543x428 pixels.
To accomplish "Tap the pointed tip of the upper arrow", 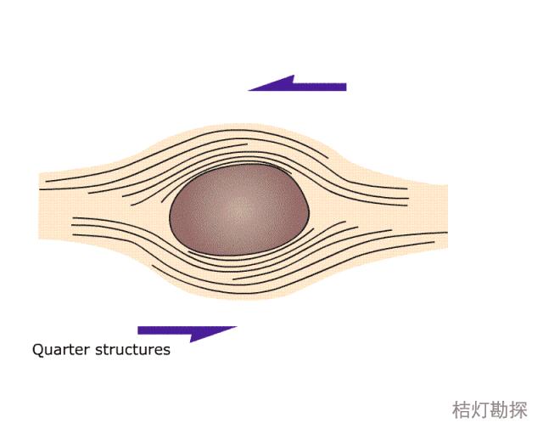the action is (249, 88).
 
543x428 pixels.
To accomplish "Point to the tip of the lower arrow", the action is (236, 328).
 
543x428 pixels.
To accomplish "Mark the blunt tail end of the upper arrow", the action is (344, 87).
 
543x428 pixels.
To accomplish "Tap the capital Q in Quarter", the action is (37, 349).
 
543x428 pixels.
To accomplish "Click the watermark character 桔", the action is (462, 409).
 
